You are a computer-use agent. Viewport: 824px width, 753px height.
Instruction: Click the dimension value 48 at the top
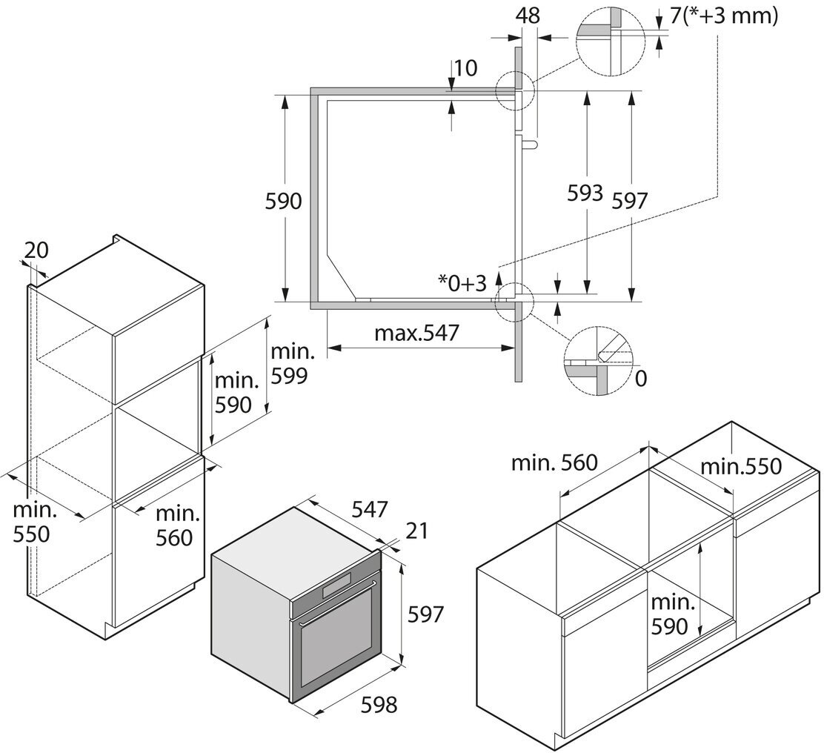pos(529,15)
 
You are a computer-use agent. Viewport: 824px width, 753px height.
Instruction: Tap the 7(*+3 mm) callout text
pos(724,16)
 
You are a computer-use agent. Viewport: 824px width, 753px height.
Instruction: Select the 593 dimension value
pos(585,193)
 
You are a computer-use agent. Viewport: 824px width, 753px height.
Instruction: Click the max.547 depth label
pos(416,333)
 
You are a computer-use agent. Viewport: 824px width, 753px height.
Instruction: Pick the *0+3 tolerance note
pos(462,282)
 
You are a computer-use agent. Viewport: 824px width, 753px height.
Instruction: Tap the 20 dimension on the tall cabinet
pos(36,251)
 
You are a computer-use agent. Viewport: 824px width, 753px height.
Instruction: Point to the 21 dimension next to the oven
pos(416,531)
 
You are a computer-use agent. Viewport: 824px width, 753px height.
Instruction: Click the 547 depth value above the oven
pos(369,509)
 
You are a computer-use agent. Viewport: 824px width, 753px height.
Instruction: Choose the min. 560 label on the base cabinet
pos(554,464)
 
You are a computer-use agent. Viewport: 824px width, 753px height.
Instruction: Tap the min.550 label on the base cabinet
pos(741,466)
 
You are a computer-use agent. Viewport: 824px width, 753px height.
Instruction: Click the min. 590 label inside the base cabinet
pos(674,614)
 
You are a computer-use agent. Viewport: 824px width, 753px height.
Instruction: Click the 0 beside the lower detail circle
pos(641,378)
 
